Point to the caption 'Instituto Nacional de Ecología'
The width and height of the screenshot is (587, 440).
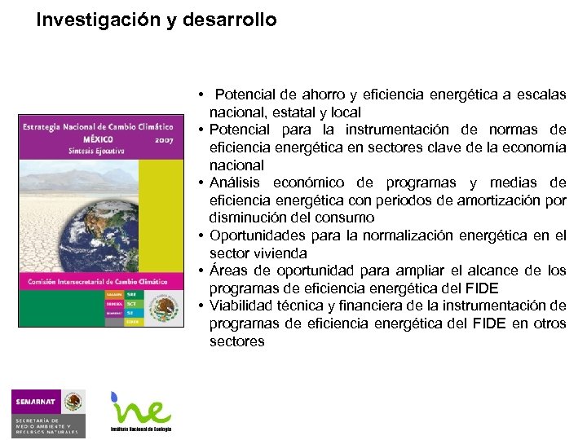click(141, 429)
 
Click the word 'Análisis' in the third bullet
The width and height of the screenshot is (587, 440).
click(234, 183)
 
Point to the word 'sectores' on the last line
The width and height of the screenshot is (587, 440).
click(236, 341)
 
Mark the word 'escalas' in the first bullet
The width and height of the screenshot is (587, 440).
click(541, 95)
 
